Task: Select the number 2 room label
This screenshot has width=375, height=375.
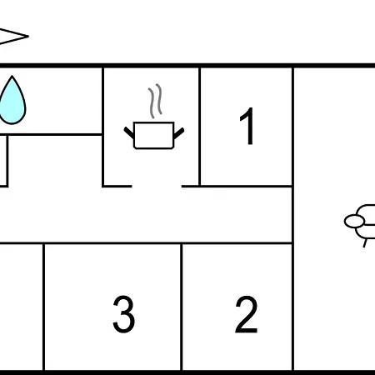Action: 247,314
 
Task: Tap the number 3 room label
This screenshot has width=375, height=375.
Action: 124,314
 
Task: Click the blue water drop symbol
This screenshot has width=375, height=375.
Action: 12,102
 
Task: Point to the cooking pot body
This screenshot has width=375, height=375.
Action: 154,135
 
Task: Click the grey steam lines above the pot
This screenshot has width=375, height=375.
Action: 155,101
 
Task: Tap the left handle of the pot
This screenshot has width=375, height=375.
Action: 129,132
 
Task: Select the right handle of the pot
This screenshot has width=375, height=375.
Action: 178,133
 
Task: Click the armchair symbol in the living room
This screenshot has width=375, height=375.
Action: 360,222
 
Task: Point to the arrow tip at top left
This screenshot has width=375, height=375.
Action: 28,36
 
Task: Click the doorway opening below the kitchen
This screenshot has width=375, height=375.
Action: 157,186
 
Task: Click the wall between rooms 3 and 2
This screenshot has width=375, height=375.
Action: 182,307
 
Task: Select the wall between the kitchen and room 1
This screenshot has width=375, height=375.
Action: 200,127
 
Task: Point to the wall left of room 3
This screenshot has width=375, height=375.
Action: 43,307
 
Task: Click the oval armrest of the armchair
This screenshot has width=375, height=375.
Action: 354,222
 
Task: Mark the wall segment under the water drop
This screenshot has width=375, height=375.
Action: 51,135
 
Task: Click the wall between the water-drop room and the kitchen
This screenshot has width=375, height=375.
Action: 103,127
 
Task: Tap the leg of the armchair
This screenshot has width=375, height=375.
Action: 365,243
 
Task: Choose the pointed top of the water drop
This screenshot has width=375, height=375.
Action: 12,76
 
